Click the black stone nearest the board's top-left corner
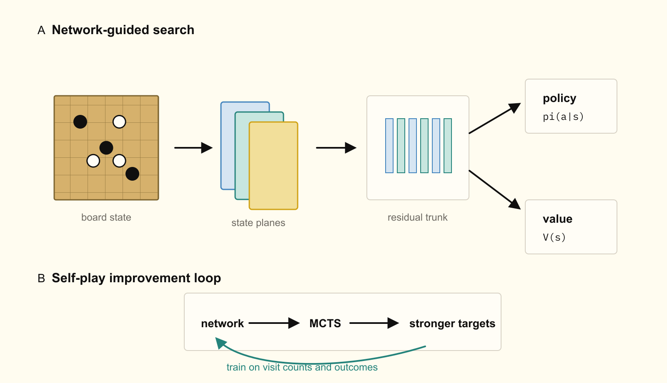click(80, 122)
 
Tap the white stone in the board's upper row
click(119, 122)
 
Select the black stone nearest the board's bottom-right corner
click(132, 174)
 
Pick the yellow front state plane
click(273, 166)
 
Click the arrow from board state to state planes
click(193, 147)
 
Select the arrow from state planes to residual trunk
click(336, 147)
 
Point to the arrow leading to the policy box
click(495, 118)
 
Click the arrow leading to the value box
click(495, 190)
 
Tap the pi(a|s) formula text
click(563, 117)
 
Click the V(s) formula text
click(554, 237)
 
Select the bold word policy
click(559, 98)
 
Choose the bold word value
click(557, 219)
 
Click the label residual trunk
click(417, 217)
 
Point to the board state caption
click(106, 217)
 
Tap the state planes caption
click(258, 223)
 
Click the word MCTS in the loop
click(325, 323)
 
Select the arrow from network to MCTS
click(274, 323)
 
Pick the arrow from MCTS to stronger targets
click(374, 323)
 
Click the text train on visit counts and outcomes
click(302, 367)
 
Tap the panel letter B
click(41, 279)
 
